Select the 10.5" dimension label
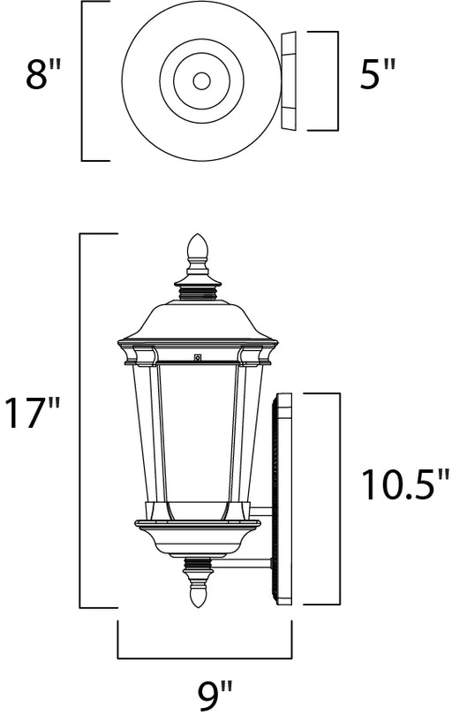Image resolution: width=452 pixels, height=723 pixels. click(404, 484)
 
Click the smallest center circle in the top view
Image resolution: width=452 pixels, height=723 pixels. click(201, 81)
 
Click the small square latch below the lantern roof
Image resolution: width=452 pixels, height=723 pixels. click(198, 356)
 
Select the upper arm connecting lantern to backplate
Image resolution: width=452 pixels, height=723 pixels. click(261, 511)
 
